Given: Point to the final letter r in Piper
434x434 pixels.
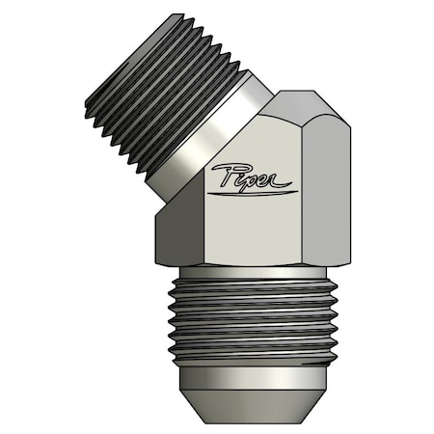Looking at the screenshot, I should [x=285, y=176].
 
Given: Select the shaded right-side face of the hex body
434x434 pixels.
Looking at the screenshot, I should [x=324, y=183].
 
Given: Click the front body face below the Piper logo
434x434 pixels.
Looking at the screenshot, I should [x=251, y=231].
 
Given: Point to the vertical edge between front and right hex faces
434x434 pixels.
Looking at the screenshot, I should [x=301, y=193].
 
